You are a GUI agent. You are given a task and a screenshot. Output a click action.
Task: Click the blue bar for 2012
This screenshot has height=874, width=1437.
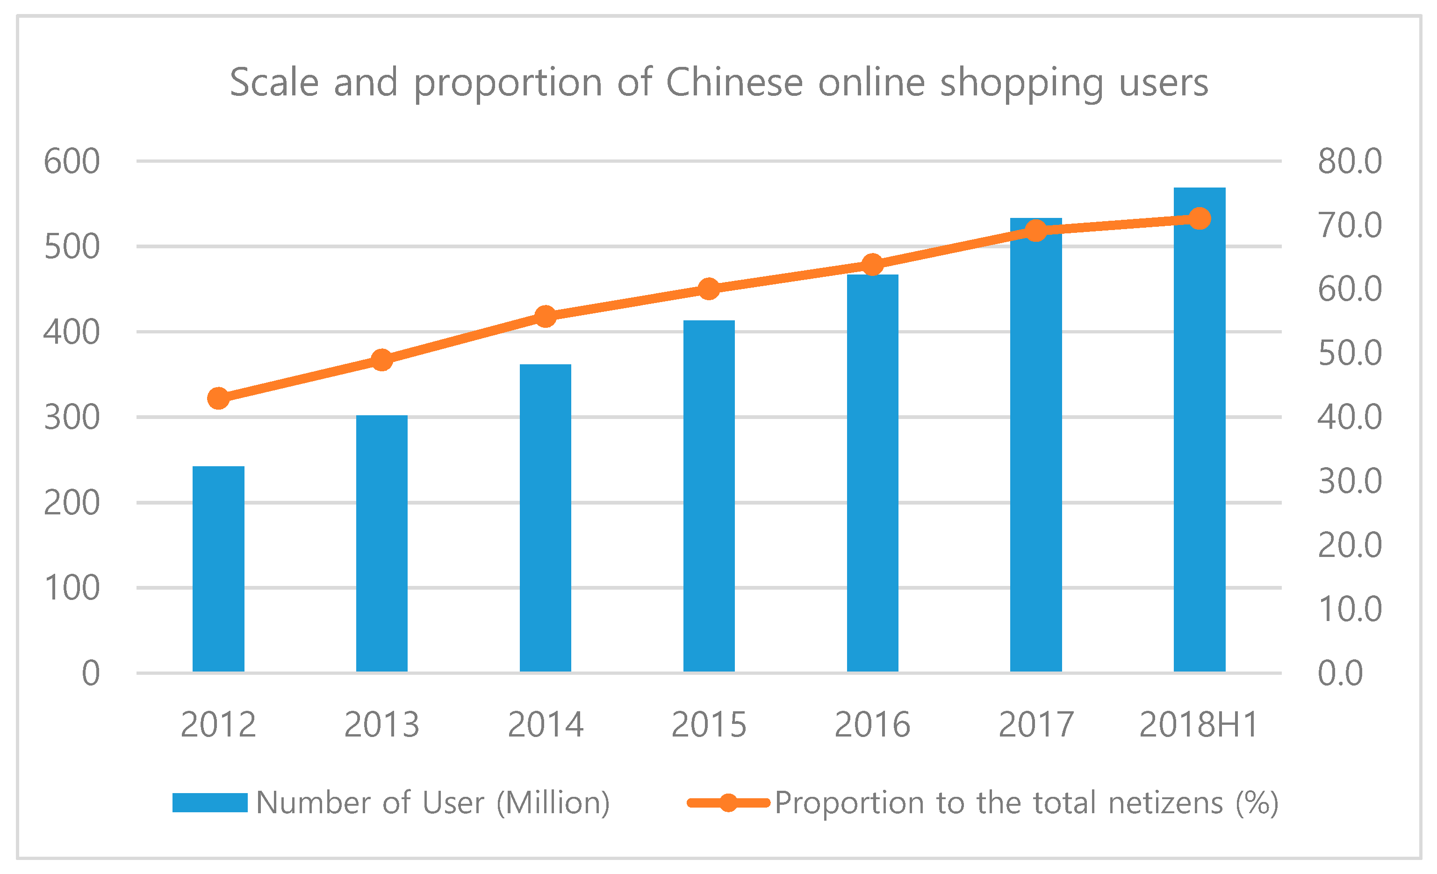click(x=218, y=569)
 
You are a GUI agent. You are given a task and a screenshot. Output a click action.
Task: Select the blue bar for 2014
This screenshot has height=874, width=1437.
click(x=545, y=518)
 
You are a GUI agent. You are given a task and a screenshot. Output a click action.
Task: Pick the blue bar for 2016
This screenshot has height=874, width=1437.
click(x=872, y=473)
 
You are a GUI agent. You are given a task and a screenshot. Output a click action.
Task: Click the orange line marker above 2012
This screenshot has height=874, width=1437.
click(x=218, y=398)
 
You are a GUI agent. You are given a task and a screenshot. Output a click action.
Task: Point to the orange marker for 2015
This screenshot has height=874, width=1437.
click(x=709, y=289)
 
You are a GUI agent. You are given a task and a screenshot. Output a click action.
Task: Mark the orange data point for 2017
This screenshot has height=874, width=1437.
click(x=1036, y=231)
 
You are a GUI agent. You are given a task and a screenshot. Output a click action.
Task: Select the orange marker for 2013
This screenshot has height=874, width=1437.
click(x=381, y=360)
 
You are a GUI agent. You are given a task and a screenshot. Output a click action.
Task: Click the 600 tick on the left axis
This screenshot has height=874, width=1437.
click(x=72, y=162)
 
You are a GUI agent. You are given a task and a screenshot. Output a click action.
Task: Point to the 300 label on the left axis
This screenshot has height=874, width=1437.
click(x=72, y=418)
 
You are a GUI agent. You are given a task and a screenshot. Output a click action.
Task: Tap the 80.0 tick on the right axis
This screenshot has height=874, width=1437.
click(x=1350, y=162)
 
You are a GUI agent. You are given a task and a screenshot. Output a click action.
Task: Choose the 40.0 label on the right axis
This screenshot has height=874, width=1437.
click(x=1350, y=418)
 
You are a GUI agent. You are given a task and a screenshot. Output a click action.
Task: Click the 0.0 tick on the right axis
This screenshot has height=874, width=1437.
click(x=1340, y=673)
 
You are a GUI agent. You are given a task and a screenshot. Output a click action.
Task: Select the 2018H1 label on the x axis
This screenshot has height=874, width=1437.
click(x=1199, y=725)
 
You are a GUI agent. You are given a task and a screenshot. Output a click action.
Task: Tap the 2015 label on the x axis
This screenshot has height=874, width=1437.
click(x=709, y=725)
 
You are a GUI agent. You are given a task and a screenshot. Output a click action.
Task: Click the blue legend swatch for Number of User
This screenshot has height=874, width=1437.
click(x=210, y=803)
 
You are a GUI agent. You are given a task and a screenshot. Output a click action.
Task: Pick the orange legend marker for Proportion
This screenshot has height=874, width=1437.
click(x=728, y=803)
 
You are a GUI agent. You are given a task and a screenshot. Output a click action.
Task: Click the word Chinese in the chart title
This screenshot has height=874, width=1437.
click(x=735, y=82)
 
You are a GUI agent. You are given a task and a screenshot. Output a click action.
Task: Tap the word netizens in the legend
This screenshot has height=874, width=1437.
click(x=1166, y=803)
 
